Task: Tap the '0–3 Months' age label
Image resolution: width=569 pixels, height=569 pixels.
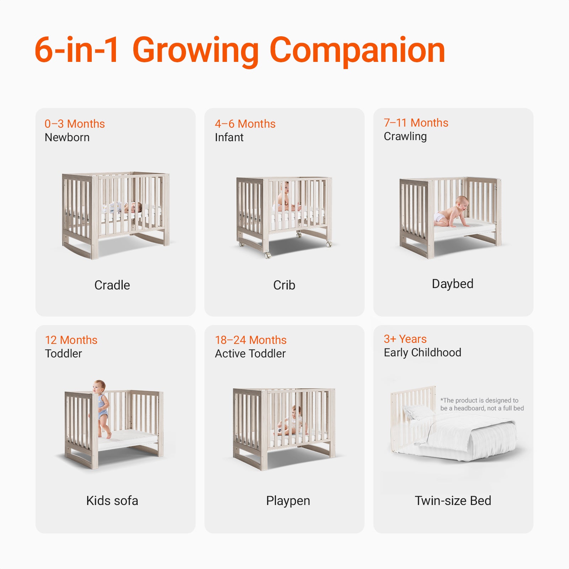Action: pos(75,124)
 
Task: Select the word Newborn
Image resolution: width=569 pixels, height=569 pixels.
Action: pos(67,137)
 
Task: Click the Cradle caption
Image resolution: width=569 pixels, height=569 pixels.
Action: pos(112,285)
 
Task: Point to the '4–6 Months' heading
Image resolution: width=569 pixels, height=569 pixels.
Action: pos(245,124)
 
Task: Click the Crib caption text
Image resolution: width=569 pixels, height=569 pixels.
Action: pos(284,285)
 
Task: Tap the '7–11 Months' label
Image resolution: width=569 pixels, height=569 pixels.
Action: pos(416,123)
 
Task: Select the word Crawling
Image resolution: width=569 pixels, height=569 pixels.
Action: pos(405,137)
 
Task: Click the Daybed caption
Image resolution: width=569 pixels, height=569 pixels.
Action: pos(453,284)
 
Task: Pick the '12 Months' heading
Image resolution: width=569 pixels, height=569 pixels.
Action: pos(71,340)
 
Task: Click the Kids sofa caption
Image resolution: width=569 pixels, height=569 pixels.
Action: pos(112,501)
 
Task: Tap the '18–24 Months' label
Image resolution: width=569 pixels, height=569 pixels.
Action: pos(251,340)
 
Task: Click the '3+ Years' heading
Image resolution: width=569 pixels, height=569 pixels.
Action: pos(405,339)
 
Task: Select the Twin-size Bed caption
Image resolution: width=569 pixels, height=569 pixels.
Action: pos(453,501)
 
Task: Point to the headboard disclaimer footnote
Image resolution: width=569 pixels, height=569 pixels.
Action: pos(482,404)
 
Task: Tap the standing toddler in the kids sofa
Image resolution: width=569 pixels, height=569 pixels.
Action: pos(101,409)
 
